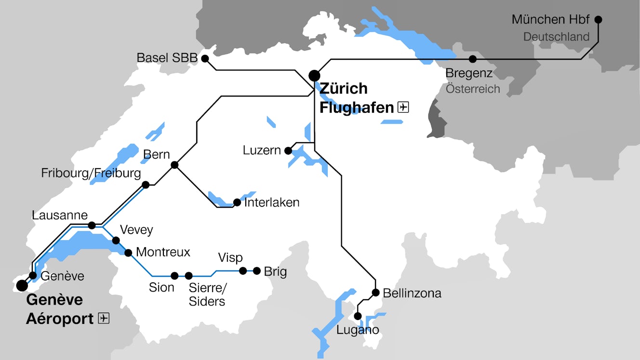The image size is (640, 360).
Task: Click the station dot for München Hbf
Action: click(598, 20)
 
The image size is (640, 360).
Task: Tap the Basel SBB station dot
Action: click(205, 59)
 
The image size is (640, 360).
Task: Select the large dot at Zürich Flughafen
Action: click(314, 76)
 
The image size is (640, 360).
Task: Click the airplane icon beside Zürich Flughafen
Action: click(403, 107)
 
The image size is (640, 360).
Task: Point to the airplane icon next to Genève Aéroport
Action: click(104, 319)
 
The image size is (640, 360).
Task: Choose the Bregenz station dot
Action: click(473, 59)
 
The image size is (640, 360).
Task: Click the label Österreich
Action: click(473, 89)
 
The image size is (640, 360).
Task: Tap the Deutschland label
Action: click(556, 37)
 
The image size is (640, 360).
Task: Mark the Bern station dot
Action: click(174, 165)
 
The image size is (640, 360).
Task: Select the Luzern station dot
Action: click(288, 151)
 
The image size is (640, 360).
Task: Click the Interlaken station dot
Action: click(237, 202)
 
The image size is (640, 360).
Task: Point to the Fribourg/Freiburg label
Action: click(91, 173)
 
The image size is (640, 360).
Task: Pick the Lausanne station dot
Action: click(92, 226)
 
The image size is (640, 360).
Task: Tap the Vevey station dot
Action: click(116, 240)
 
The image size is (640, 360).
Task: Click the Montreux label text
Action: click(163, 252)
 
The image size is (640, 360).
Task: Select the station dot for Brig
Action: click(257, 271)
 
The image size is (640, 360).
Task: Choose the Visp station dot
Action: click(243, 271)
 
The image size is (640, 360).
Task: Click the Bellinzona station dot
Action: click(375, 293)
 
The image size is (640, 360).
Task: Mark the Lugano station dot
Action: click(358, 316)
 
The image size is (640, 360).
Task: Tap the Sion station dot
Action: click(174, 276)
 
